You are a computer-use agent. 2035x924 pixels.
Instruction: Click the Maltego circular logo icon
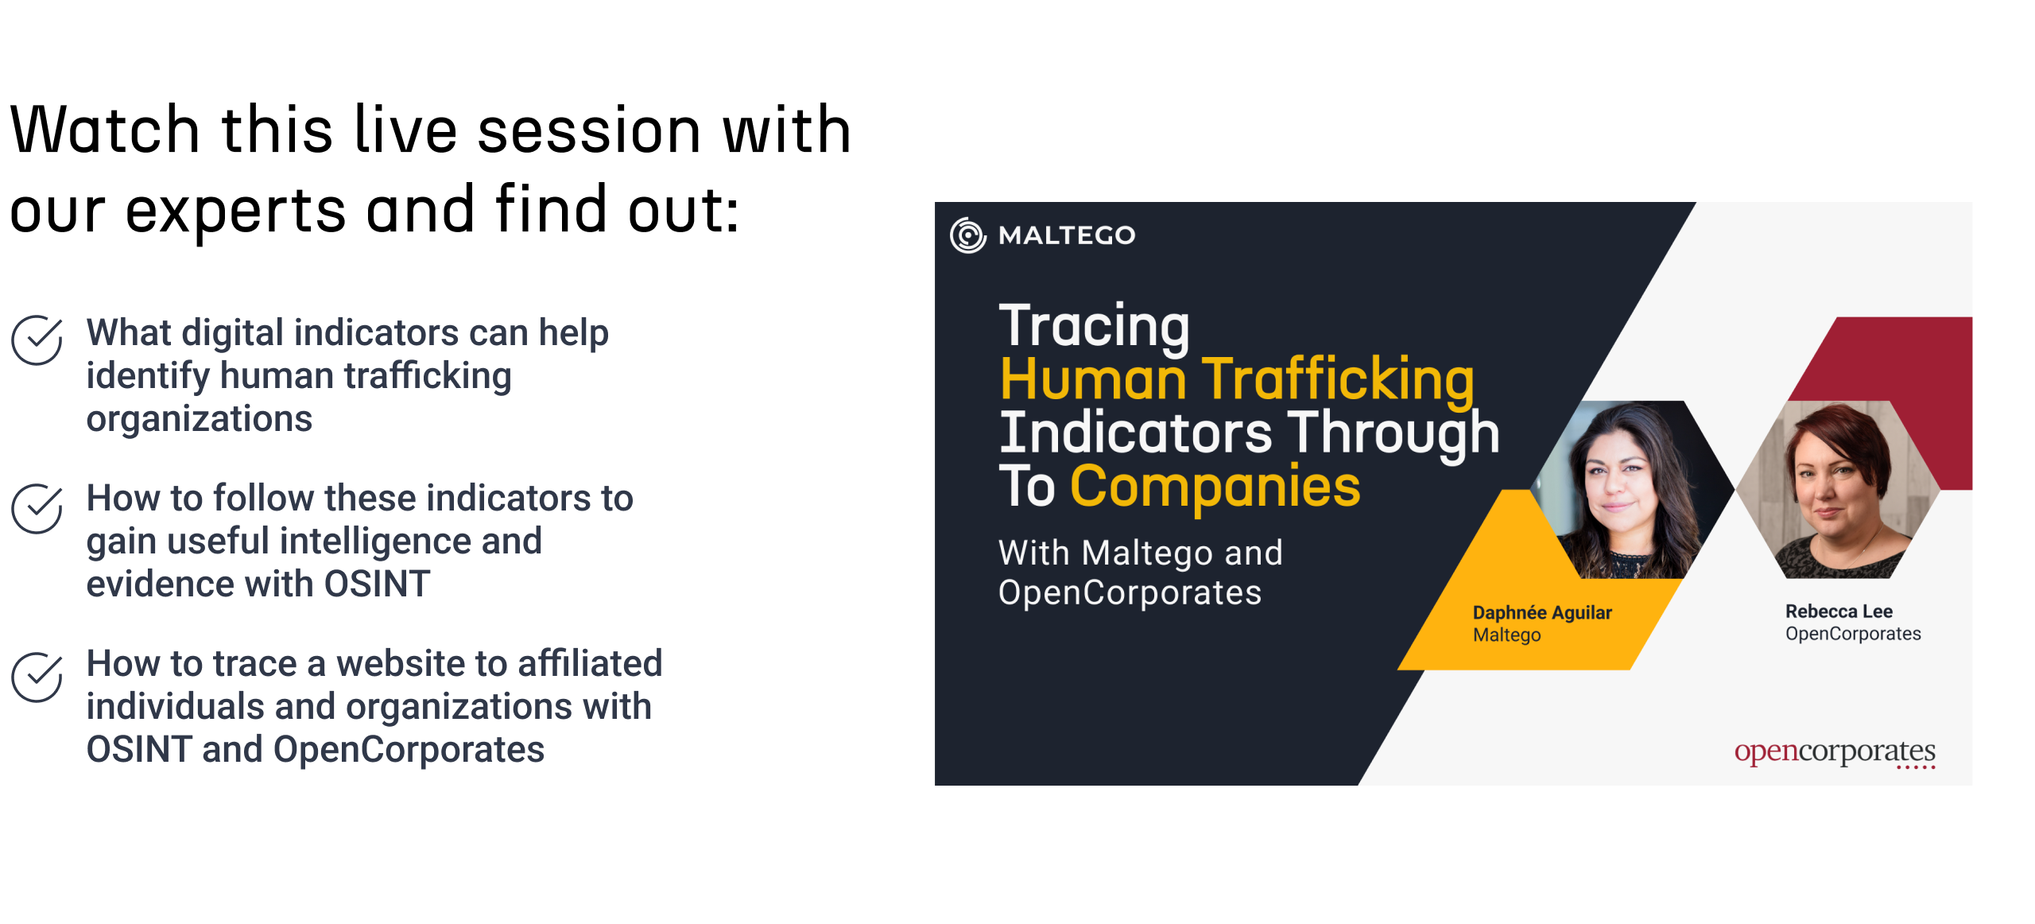click(967, 235)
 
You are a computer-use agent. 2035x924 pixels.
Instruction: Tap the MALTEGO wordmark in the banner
click(1067, 235)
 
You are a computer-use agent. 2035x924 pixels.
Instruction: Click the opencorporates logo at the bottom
click(1835, 752)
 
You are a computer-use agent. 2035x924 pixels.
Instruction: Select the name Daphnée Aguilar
click(1542, 612)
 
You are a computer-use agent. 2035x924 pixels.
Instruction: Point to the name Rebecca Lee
click(1839, 611)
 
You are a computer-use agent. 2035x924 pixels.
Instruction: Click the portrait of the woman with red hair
click(1838, 490)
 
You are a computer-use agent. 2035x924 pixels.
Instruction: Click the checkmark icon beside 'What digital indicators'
click(37, 340)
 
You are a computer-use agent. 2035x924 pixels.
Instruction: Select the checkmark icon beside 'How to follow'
click(37, 508)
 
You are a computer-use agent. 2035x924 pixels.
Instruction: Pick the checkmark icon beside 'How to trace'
click(37, 677)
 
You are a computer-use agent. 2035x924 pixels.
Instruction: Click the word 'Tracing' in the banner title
click(1094, 326)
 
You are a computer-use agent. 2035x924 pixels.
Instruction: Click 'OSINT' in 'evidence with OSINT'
click(377, 584)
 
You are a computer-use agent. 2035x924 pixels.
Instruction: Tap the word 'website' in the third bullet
click(401, 663)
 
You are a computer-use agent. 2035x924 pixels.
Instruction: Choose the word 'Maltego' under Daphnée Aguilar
click(1506, 635)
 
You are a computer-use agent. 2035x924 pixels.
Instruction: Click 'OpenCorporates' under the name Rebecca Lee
click(1853, 634)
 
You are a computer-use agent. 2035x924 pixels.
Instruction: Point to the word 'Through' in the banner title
click(1393, 433)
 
